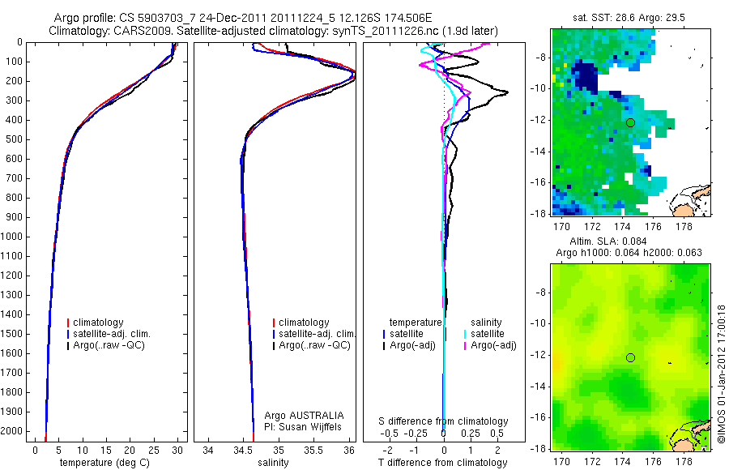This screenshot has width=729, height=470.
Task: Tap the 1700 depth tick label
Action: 11,373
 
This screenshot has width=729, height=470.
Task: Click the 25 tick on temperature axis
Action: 153,451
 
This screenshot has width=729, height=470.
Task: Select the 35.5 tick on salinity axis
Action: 313,451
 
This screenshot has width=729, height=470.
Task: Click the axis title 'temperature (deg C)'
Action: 104,463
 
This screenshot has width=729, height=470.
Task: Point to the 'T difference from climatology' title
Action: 442,463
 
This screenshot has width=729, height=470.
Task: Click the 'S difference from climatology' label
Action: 443,421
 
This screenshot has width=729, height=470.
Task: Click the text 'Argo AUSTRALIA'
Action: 304,416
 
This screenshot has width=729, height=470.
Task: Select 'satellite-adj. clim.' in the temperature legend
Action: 112,334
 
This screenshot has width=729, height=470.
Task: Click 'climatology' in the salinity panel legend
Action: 304,323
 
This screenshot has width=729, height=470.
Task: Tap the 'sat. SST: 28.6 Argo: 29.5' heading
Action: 629,18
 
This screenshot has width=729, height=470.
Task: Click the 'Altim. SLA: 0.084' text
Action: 607,241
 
